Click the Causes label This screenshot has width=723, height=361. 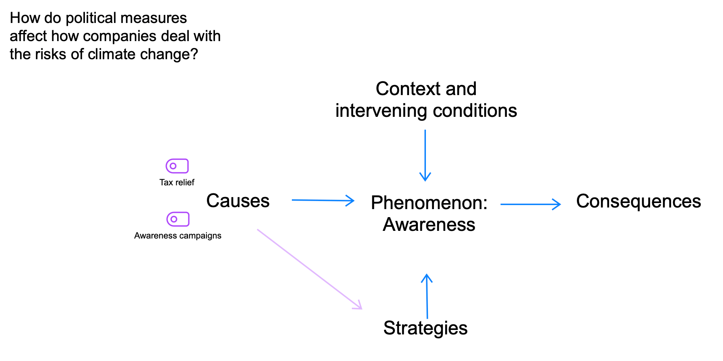238,201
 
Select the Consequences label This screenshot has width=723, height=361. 638,201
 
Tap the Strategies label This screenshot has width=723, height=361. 425,328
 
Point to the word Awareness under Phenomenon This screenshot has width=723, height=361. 429,224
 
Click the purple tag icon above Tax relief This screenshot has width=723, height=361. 177,166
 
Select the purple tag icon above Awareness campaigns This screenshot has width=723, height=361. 178,219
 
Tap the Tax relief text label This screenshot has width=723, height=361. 177,183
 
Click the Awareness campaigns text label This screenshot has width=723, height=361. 178,236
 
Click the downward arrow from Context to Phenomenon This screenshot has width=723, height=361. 425,155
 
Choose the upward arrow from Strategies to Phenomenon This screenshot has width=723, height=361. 427,297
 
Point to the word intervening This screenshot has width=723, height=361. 381,111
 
